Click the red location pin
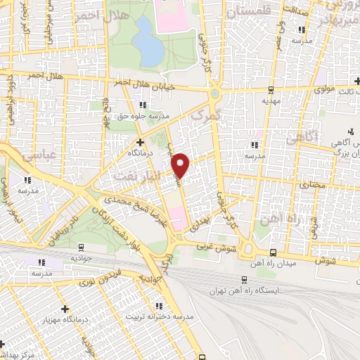point(181,164)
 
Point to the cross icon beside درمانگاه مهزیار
point(65,309)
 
